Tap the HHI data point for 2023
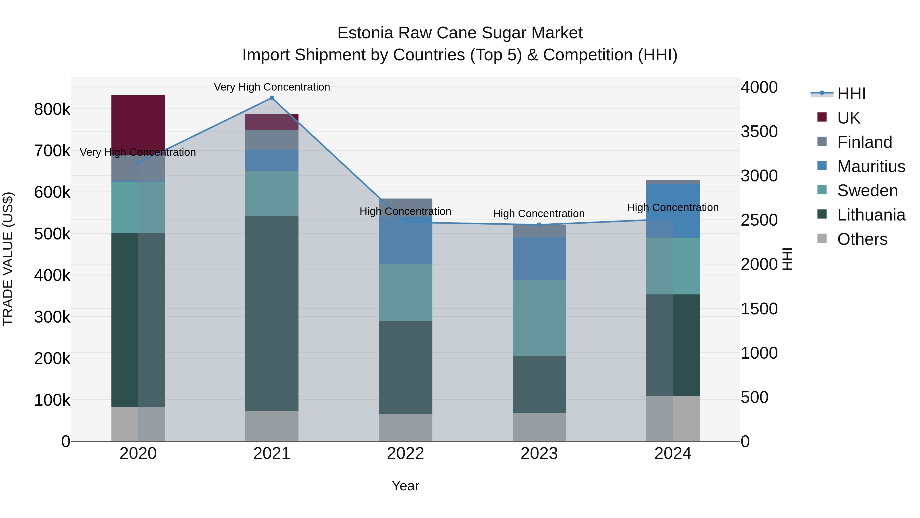coord(539,225)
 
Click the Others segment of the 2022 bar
coord(405,427)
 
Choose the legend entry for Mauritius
coord(871,166)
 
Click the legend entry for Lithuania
coord(871,215)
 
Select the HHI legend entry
coord(851,94)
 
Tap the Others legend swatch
coord(822,238)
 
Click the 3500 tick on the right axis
coord(759,131)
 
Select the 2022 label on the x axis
coord(405,453)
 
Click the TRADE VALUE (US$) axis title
coord(8,259)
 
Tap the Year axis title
coord(405,486)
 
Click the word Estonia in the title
coord(365,33)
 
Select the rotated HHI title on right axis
coord(787,259)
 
